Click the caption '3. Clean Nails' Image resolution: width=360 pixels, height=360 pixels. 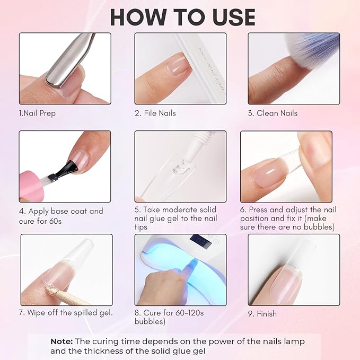click(273, 113)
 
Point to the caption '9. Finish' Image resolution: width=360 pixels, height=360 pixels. click(262, 313)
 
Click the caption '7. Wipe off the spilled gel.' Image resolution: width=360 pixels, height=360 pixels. click(66, 312)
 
